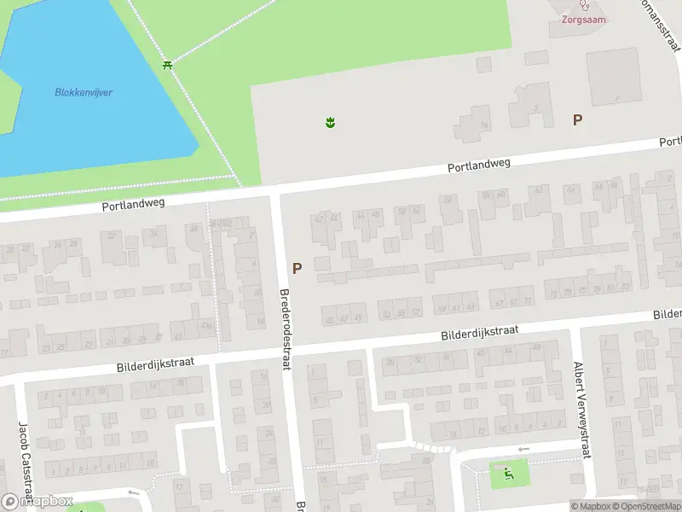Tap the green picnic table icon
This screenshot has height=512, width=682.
pyautogui.click(x=168, y=65)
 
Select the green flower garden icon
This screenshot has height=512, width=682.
pyautogui.click(x=330, y=123)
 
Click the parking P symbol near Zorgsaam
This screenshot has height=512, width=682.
pyautogui.click(x=577, y=120)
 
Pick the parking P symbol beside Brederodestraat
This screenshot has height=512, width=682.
pyautogui.click(x=297, y=268)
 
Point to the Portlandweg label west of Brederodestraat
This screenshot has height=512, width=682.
pyautogui.click(x=133, y=205)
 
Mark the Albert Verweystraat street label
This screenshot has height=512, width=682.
pyautogui.click(x=584, y=406)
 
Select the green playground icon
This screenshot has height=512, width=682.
pyautogui.click(x=509, y=473)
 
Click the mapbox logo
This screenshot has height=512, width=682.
pyautogui.click(x=38, y=501)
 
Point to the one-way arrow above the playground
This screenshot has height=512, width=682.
pyautogui.click(x=523, y=450)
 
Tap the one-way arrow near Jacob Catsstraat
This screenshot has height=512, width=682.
pyautogui.click(x=131, y=492)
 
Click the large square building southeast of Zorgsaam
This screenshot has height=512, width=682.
pyautogui.click(x=612, y=77)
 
